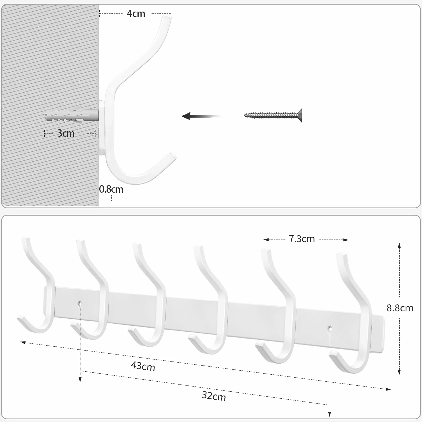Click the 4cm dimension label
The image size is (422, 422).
tap(136, 13)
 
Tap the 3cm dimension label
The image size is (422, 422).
tap(66, 133)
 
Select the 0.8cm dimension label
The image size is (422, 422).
tap(111, 189)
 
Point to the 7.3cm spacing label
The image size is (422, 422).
tap(302, 239)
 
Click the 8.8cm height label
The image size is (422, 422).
tap(400, 308)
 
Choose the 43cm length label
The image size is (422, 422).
tap(143, 366)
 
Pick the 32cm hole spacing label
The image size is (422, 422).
tap(214, 396)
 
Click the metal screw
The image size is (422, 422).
tap(273, 115)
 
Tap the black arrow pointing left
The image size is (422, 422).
tap(201, 116)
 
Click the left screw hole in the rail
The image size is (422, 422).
tap(80, 303)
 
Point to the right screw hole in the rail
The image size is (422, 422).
tap(330, 329)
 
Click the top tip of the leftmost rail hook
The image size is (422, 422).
tap(25, 238)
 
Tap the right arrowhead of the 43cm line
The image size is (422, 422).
tap(388, 389)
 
